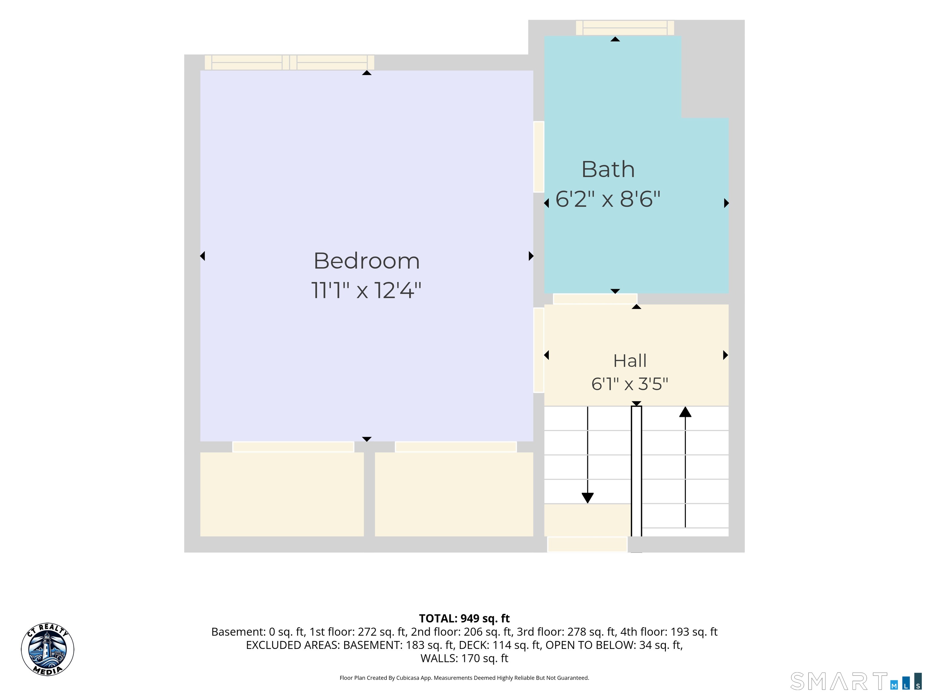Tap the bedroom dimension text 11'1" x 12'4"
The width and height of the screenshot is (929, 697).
tap(366, 290)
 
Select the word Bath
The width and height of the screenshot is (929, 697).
tap(608, 169)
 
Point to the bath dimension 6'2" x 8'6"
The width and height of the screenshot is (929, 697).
tap(608, 199)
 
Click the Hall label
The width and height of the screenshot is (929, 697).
tap(630, 361)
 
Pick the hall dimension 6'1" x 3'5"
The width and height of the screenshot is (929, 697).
tap(630, 384)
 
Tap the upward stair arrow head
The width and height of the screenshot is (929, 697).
tap(686, 412)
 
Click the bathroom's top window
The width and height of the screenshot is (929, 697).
tap(625, 28)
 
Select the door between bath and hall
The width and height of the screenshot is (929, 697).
tap(595, 299)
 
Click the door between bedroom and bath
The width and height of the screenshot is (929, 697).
tap(539, 157)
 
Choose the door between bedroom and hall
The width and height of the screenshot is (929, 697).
tap(539, 350)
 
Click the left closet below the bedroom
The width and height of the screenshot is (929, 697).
tap(282, 494)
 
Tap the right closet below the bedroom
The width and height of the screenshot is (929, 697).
tap(454, 494)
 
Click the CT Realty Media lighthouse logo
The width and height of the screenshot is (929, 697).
tap(47, 650)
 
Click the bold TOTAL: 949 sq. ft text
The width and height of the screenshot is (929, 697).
tap(464, 618)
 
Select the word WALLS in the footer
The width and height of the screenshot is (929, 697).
tap(439, 658)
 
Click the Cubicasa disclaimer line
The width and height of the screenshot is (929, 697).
tap(464, 678)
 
